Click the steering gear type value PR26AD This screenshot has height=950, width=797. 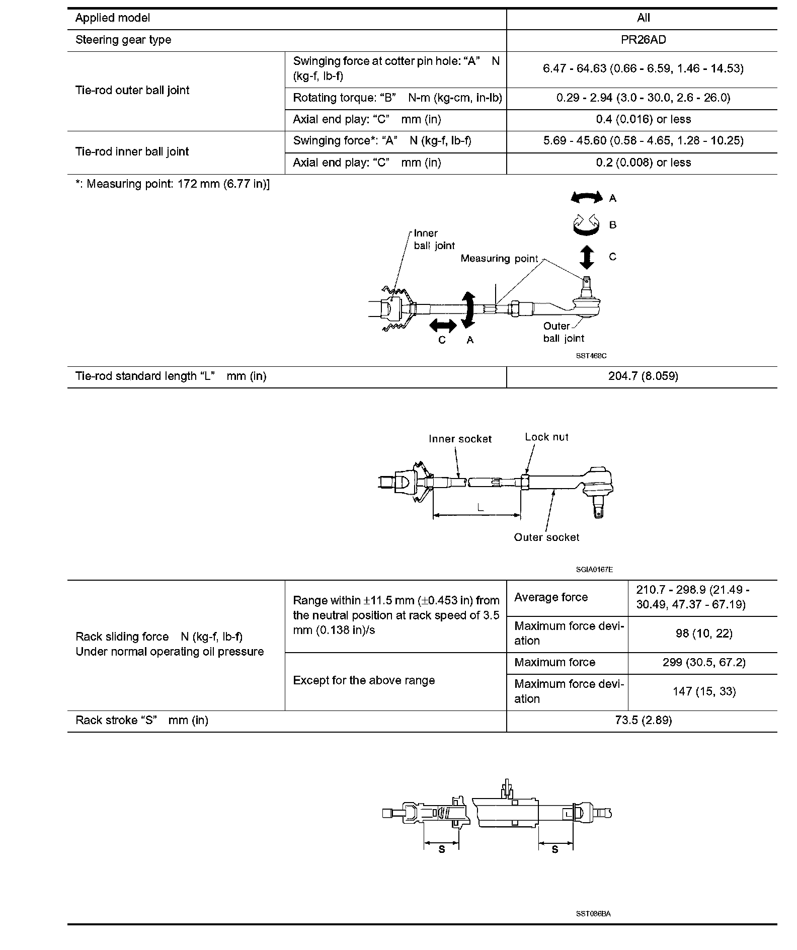(643, 40)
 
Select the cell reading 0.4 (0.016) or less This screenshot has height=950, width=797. (643, 120)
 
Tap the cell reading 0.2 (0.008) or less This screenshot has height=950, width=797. (643, 163)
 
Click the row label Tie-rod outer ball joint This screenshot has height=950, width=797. (132, 91)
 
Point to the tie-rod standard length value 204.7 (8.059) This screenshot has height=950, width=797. (643, 376)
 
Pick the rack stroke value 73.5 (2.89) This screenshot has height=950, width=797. (643, 721)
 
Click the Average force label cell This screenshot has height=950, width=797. (551, 597)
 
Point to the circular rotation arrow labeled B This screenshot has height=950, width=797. (586, 225)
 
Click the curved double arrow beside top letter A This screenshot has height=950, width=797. (586, 197)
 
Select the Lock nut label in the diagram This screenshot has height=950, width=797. (546, 437)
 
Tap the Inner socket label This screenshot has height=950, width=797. (460, 439)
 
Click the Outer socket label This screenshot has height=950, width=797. (546, 537)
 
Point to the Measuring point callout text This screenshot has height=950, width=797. (499, 259)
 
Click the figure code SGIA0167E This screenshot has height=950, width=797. (594, 570)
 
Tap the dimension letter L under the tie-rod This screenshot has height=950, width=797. (481, 508)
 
